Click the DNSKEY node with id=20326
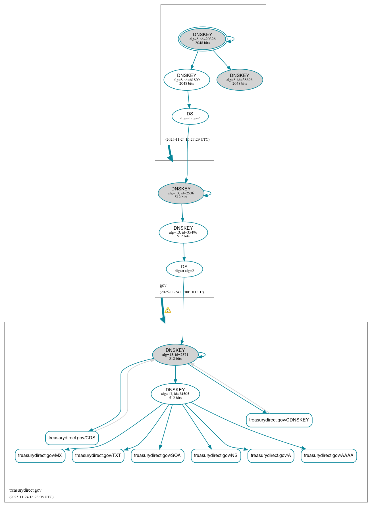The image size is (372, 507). [x=203, y=39]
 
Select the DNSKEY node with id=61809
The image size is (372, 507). [x=187, y=80]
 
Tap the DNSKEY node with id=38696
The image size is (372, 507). [x=240, y=80]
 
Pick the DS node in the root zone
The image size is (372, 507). [x=190, y=116]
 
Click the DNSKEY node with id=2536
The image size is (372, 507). [x=181, y=193]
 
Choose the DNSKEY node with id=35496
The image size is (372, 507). [x=183, y=232]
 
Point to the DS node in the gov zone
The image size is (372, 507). [x=184, y=269]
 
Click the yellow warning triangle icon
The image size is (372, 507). [x=168, y=310]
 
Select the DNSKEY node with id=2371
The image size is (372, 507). [x=175, y=355]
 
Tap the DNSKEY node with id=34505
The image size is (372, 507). [x=175, y=394]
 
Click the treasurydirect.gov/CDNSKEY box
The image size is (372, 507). [x=279, y=420]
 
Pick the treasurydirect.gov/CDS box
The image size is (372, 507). [x=72, y=438]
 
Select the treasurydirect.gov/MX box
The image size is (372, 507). [x=40, y=456]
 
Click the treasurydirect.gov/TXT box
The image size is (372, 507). [x=98, y=456]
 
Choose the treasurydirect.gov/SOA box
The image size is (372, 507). [x=157, y=456]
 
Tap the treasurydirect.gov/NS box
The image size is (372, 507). [x=216, y=456]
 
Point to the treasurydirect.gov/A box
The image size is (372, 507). [x=271, y=456]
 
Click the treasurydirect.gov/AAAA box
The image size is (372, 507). [x=329, y=456]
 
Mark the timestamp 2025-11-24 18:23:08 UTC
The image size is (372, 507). [x=31, y=497]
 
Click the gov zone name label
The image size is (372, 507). [x=163, y=285]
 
